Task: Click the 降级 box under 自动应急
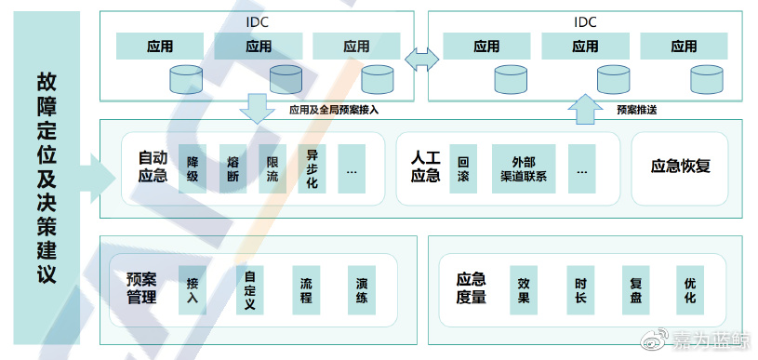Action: pos(193,168)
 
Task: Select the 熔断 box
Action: pos(233,168)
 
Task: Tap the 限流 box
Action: pos(273,168)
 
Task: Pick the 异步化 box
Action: pos(313,168)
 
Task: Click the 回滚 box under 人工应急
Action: pos(463,168)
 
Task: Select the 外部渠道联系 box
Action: pos(523,168)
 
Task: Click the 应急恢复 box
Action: pos(680,167)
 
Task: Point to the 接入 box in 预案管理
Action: pos(193,290)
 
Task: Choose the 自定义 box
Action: pos(250,290)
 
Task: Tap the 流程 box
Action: pos(306,290)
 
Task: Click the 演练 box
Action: pos(362,290)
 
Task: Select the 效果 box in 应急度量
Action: pos(524,290)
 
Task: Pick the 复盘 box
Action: pos(636,290)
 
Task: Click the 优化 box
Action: pos(689,290)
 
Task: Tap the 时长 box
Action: pos(579,290)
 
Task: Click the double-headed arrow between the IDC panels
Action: pos(421,59)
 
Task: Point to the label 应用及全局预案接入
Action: pos(333,110)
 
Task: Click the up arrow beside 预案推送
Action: pos(584,108)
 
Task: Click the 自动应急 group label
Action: pos(152,167)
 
